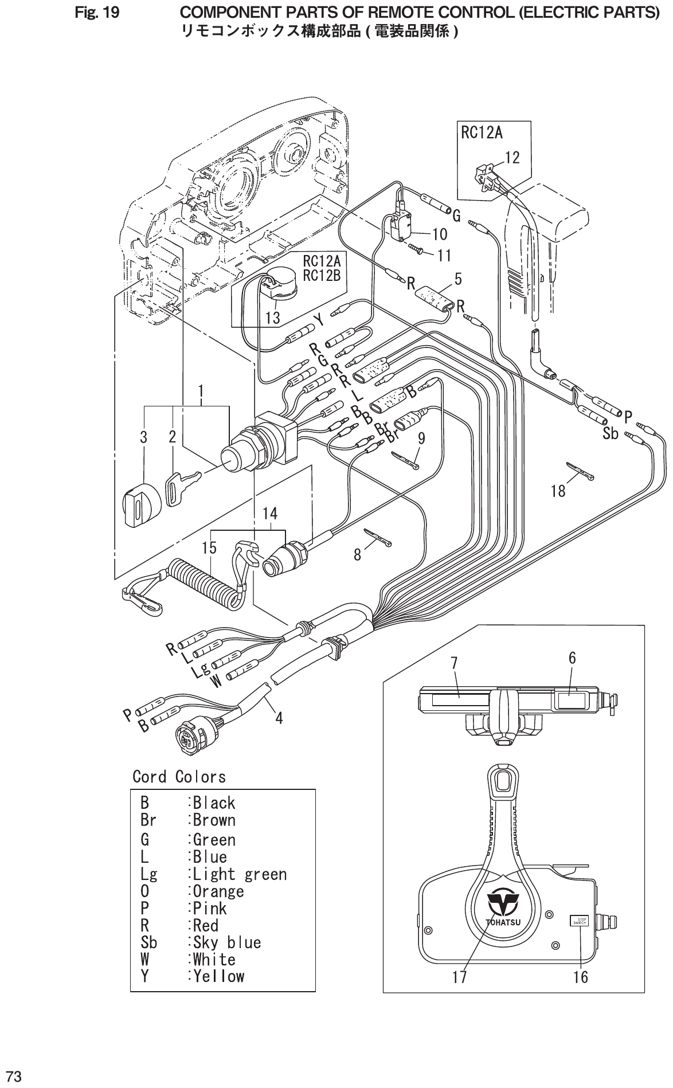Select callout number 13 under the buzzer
pos(273,317)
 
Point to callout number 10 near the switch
pos(440,234)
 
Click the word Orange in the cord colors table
pos(218,891)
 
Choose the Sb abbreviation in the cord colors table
pos(148,942)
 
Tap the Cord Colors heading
pos(179,777)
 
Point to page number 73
pos(14,1074)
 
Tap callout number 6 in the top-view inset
pos(572,658)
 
